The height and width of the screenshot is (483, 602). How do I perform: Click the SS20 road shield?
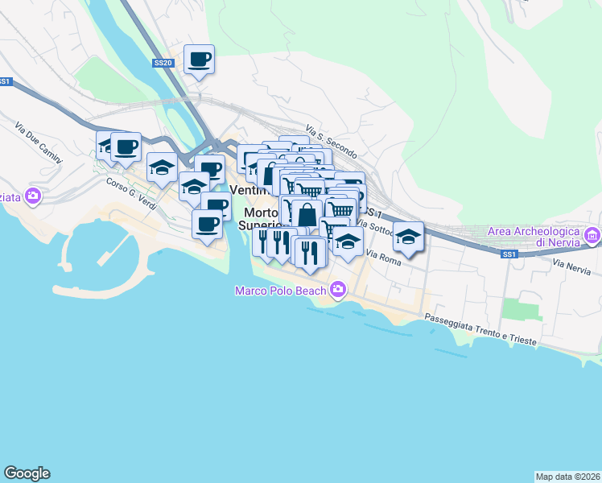click(x=162, y=62)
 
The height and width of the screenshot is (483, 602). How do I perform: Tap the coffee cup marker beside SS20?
click(x=199, y=59)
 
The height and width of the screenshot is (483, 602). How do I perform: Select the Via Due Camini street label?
click(x=38, y=143)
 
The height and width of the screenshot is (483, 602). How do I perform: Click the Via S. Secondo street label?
click(x=331, y=140)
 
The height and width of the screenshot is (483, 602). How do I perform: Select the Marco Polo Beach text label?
click(x=280, y=291)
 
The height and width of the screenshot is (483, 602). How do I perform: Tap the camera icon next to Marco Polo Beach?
click(x=337, y=289)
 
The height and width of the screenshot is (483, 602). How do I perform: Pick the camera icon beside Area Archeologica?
click(x=592, y=236)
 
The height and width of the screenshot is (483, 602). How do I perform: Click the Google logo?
click(x=27, y=473)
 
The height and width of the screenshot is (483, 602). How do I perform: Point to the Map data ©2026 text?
click(x=567, y=476)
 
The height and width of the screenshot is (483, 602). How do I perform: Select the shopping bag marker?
click(x=307, y=215)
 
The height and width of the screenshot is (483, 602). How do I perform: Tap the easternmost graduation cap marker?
click(x=409, y=237)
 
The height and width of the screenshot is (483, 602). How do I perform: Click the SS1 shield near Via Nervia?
click(x=508, y=254)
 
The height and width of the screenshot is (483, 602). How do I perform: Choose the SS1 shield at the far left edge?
click(x=5, y=81)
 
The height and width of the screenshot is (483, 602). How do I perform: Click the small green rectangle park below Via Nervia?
click(x=511, y=308)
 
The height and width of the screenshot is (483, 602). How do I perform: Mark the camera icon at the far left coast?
click(x=33, y=195)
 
